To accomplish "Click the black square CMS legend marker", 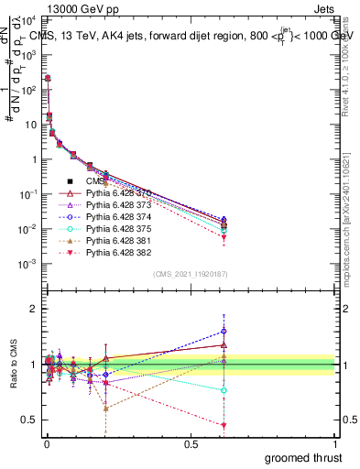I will [70, 181].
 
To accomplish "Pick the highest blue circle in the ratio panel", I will [224, 331].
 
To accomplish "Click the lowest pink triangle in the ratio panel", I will [224, 425].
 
